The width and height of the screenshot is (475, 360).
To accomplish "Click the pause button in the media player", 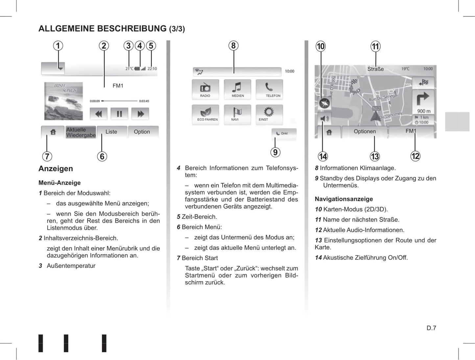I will click(x=119, y=114).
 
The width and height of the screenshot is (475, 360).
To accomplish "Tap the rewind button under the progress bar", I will click(x=98, y=114).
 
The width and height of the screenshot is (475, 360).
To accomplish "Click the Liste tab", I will click(x=111, y=132).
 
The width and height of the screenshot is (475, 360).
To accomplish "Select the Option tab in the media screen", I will click(x=142, y=132).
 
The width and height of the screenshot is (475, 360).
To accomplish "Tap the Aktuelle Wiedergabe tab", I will click(x=81, y=132).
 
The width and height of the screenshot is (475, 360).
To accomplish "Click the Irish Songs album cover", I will click(x=63, y=101).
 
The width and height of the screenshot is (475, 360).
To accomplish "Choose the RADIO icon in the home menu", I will click(x=205, y=89).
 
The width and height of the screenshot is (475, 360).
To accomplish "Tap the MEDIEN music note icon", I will click(x=237, y=89).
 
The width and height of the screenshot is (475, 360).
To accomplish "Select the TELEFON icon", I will click(x=270, y=89).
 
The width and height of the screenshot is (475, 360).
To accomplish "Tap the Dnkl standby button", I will click(x=284, y=133).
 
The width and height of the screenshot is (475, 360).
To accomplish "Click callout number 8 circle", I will click(x=233, y=46).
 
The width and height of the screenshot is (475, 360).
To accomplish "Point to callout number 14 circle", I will click(x=323, y=156).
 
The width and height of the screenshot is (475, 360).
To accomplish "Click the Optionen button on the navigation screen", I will click(x=365, y=131).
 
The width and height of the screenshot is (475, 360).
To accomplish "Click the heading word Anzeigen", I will click(x=56, y=169).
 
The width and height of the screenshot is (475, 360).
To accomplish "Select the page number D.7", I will click(x=431, y=328).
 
